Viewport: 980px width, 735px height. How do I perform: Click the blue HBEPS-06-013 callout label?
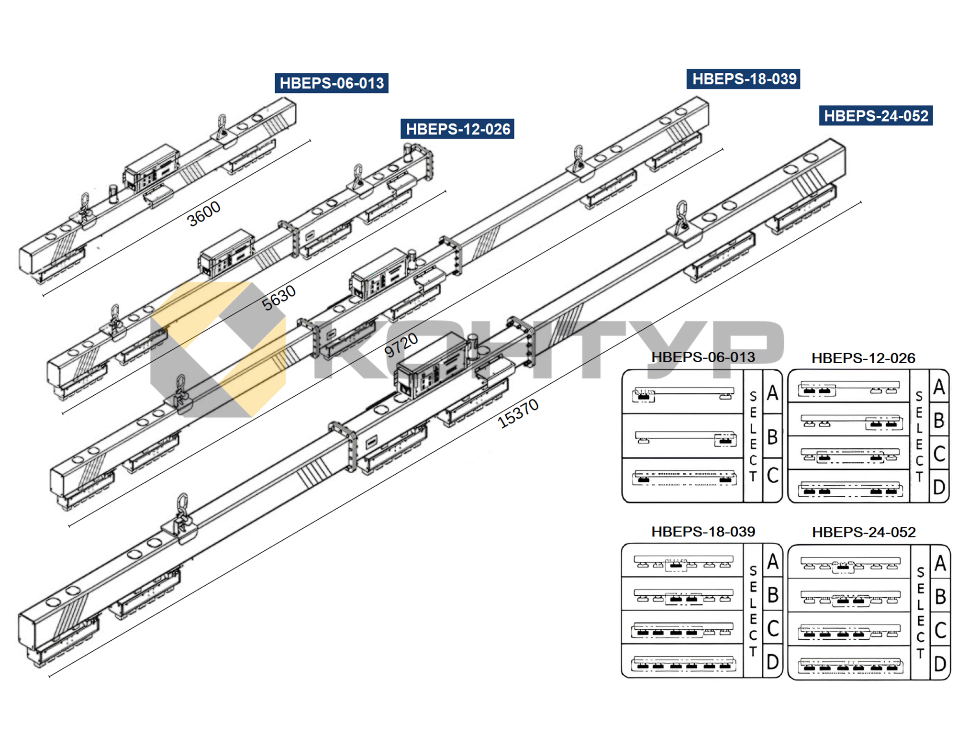tap(331, 83)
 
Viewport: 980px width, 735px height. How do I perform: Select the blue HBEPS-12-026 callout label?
tap(457, 129)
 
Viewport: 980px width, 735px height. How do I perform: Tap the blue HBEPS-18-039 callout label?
tap(744, 79)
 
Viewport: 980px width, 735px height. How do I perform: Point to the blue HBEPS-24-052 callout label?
tap(876, 116)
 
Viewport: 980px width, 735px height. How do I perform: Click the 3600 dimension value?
tap(204, 213)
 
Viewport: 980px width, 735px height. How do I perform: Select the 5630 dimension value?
tap(279, 298)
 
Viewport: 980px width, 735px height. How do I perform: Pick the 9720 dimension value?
tap(401, 345)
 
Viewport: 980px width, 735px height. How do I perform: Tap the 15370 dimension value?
tap(518, 413)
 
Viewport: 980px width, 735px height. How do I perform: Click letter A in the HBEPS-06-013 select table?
tap(772, 393)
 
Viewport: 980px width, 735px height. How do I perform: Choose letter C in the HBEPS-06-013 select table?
tap(772, 475)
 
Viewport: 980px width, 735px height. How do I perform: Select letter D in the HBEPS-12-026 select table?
tap(939, 487)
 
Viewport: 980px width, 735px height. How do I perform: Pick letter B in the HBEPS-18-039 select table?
tap(772, 595)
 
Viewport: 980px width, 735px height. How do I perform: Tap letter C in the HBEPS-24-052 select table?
tap(940, 630)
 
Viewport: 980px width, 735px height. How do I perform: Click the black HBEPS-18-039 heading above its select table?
tap(703, 532)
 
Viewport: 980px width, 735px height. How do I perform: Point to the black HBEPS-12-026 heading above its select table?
tap(863, 358)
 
